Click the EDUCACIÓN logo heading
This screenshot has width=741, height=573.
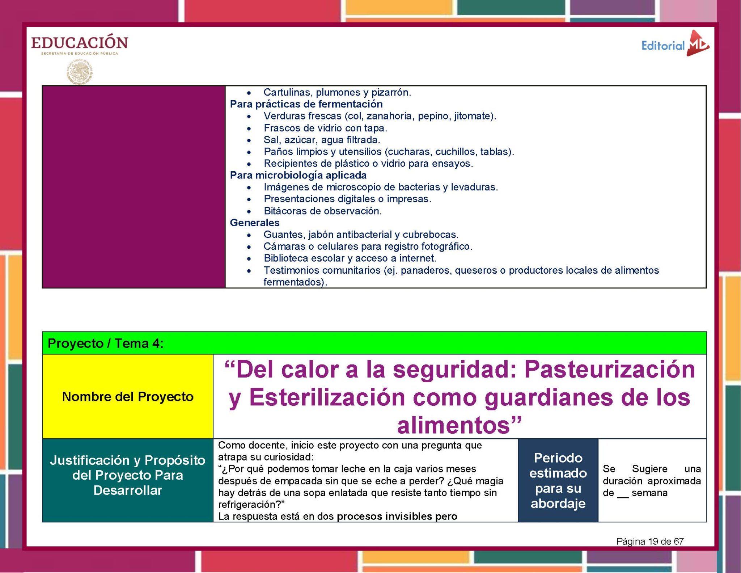(x=80, y=43)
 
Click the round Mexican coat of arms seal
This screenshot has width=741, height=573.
(x=80, y=72)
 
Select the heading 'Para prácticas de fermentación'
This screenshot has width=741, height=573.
(x=306, y=104)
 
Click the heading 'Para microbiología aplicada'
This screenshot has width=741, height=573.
(x=298, y=175)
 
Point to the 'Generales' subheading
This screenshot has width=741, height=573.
(x=255, y=223)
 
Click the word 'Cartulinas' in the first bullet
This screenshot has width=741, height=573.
(x=285, y=92)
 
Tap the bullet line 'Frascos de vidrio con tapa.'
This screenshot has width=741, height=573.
(x=325, y=128)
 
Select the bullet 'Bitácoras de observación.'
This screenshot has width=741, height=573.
(x=322, y=211)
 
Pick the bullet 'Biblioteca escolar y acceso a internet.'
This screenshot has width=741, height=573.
(x=350, y=258)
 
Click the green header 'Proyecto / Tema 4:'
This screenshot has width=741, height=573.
(x=106, y=343)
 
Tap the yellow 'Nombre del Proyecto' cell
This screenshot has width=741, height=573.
(x=128, y=397)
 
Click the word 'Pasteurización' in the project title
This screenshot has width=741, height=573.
(x=610, y=370)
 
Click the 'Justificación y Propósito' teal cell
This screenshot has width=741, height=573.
(x=128, y=475)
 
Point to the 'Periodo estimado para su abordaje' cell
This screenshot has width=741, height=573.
(x=558, y=480)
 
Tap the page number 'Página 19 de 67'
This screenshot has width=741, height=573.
(x=650, y=541)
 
